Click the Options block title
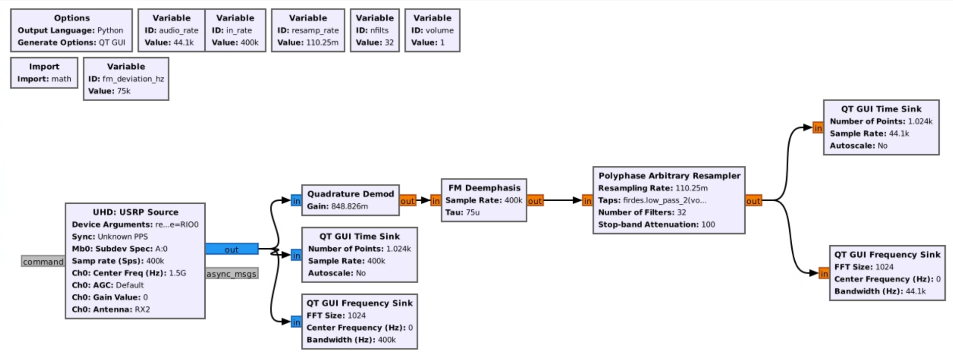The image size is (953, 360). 72,18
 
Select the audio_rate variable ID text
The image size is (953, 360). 178,30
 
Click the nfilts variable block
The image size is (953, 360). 375,30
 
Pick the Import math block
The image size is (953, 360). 44,73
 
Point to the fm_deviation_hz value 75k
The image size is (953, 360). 123,91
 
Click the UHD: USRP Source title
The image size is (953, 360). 135,212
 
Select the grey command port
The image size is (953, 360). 43,261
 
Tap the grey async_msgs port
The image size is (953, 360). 232,274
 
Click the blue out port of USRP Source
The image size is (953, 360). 232,249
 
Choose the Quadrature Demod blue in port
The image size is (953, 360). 296,201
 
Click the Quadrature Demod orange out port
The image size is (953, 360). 407,201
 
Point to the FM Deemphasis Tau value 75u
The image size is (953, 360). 472,212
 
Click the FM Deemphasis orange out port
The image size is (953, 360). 535,201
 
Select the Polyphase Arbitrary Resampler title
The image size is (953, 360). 669,176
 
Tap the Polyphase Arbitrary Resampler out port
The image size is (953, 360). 753,201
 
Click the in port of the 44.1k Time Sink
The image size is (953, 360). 818,128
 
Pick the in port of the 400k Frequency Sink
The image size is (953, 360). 296,322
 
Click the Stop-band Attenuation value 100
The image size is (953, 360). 708,224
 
